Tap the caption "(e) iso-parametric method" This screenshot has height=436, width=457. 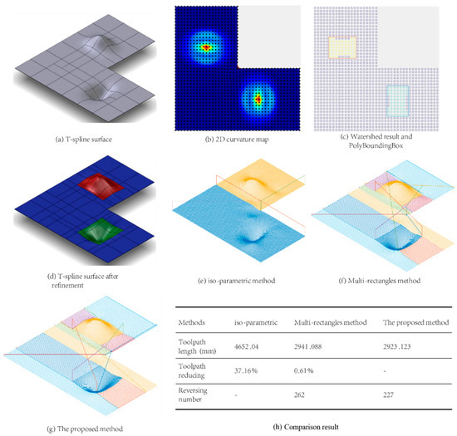(225, 271)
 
